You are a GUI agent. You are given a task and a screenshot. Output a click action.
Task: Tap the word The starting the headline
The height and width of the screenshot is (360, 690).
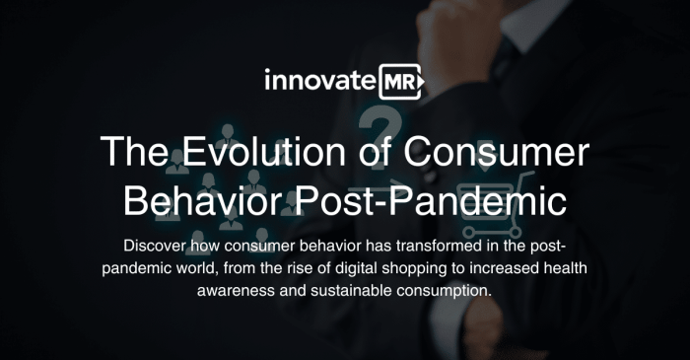click(x=134, y=155)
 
